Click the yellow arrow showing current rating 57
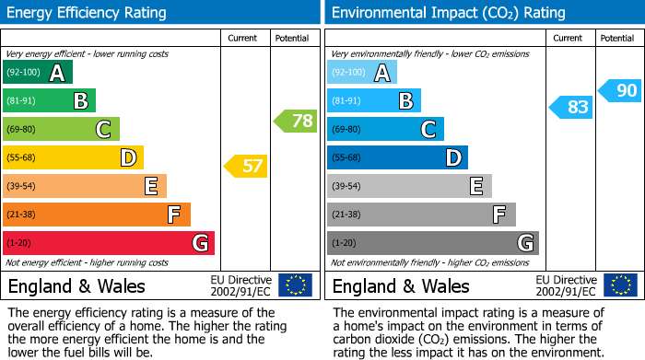pos(246,166)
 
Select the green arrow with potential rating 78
pos(296,121)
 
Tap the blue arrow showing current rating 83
pos(571,107)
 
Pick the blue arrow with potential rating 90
pos(619,90)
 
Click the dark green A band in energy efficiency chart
pos(38,72)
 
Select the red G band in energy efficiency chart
pos(109,243)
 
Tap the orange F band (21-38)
pos(97,215)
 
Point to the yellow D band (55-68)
pos(73,157)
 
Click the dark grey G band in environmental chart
pos(433,243)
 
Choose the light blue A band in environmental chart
pos(362,72)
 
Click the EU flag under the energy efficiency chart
pos(296,285)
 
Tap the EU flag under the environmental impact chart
pos(621,285)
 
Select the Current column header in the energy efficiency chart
pos(242,39)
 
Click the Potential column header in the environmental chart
pos(617,39)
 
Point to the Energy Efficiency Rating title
pos(87,13)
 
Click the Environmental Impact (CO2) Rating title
pos(449,13)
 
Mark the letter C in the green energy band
pos(103,129)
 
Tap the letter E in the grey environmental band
pos(476,186)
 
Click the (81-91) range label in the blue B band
pos(346,100)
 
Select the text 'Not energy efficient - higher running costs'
pos(87,262)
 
